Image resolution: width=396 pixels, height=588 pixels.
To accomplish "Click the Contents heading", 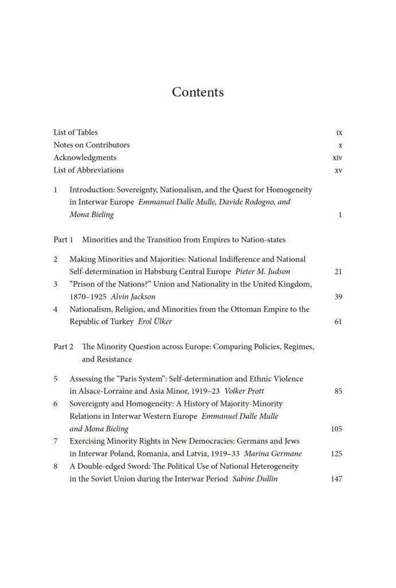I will pos(197,92).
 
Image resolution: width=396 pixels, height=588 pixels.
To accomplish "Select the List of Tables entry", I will pos(75,132).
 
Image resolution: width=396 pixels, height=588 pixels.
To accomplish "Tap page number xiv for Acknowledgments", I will pos(337,157).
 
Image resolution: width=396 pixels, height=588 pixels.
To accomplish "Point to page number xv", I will pos(338,170).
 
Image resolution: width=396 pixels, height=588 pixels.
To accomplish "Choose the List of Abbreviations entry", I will pos(88,170).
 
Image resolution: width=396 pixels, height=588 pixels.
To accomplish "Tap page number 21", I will pos(337,271).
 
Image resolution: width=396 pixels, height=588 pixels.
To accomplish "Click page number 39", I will pos(337,297).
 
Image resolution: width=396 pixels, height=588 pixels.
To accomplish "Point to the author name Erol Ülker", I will pos(155,322).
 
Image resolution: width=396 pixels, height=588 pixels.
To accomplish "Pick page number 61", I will pos(337,322).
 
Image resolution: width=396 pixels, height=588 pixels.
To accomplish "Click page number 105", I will pos(336,429).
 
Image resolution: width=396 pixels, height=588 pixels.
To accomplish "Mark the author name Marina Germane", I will pos(273,454).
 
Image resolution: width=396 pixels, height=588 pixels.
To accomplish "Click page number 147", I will pos(336,479).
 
